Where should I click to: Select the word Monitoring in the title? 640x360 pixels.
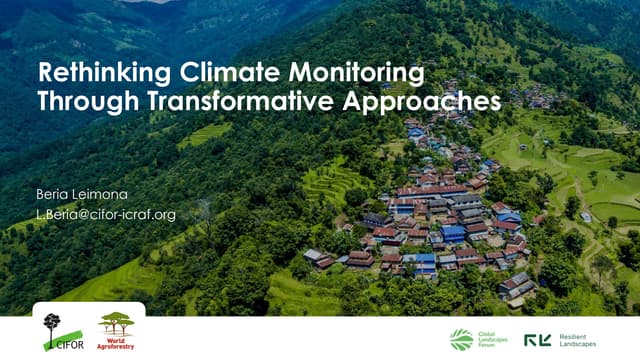[349, 75]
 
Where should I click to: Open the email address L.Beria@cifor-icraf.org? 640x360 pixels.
[106, 214]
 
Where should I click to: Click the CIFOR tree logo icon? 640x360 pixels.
[51, 327]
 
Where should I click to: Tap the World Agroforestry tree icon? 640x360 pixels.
[115, 323]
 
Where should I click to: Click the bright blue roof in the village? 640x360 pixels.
[452, 233]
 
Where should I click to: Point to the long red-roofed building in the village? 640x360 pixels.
[430, 190]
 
